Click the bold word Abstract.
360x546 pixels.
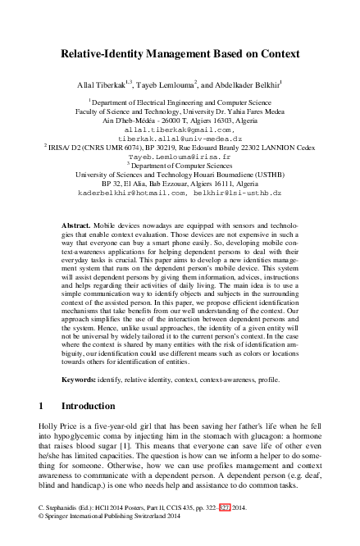pyautogui.click(x=78, y=225)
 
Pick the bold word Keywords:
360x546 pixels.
pyautogui.click(x=83, y=380)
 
